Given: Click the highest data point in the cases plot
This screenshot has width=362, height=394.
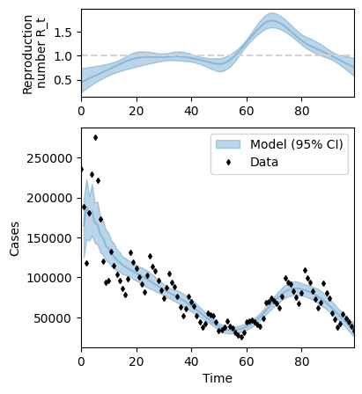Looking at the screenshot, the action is pyautogui.click(x=95, y=137).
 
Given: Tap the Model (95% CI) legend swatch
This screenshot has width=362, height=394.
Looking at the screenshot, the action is pyautogui.click(x=228, y=144).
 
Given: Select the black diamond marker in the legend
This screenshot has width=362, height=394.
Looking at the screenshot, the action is pyautogui.click(x=228, y=162).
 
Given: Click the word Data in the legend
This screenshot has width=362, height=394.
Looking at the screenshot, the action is pyautogui.click(x=264, y=162).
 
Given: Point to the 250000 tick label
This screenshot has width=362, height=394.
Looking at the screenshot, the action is pyautogui.click(x=49, y=158).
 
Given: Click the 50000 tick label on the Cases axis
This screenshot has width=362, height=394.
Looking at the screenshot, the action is pyautogui.click(x=53, y=318).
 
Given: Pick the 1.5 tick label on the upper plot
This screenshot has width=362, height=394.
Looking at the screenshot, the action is pyautogui.click(x=63, y=32).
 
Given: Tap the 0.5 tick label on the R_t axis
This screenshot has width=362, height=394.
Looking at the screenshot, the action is pyautogui.click(x=63, y=80).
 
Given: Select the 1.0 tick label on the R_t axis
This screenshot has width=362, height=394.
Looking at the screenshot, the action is pyautogui.click(x=63, y=56).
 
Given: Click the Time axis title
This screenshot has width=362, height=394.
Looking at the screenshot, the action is pyautogui.click(x=218, y=378).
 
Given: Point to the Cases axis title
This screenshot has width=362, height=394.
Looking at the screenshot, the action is pyautogui.click(x=14, y=239).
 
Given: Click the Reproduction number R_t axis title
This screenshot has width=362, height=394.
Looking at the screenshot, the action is pyautogui.click(x=33, y=55).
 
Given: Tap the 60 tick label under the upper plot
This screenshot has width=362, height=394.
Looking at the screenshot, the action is pyautogui.click(x=247, y=112).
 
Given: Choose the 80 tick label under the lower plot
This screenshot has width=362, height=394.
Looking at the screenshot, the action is pyautogui.click(x=301, y=361).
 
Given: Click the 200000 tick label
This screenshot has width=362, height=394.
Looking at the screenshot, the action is pyautogui.click(x=49, y=199).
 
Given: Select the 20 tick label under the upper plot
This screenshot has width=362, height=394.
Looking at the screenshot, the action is pyautogui.click(x=137, y=112).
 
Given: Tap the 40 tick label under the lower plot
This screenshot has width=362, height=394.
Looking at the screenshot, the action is pyautogui.click(x=191, y=361).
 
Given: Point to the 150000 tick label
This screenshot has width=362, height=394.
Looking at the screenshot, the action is pyautogui.click(x=49, y=238).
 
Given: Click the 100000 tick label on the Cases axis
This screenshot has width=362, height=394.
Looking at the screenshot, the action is pyautogui.click(x=49, y=278).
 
